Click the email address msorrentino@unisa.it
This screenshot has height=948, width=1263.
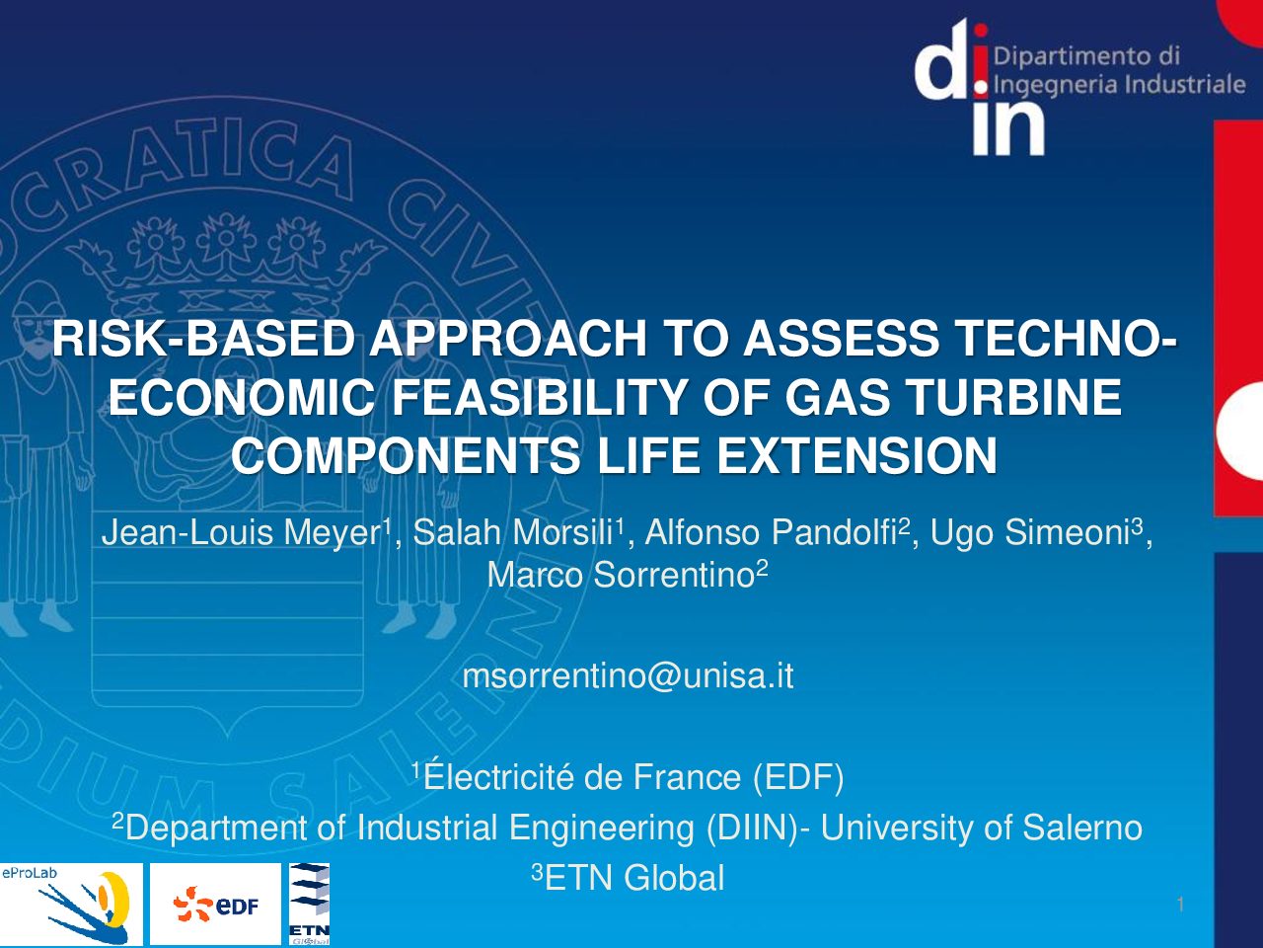point(628,675)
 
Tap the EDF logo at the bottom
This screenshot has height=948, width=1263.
point(216,904)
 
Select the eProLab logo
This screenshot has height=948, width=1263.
point(71,904)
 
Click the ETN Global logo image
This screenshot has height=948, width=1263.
point(309,904)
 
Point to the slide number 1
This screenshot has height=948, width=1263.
point(1181,905)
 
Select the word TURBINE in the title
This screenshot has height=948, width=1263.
point(1006,397)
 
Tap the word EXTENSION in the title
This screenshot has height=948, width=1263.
point(856,455)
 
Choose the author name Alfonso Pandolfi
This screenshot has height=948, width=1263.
point(772,532)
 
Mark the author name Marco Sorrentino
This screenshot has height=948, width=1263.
point(621,575)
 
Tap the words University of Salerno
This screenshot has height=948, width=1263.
point(982,828)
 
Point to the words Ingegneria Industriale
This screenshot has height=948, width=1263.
point(1120,85)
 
